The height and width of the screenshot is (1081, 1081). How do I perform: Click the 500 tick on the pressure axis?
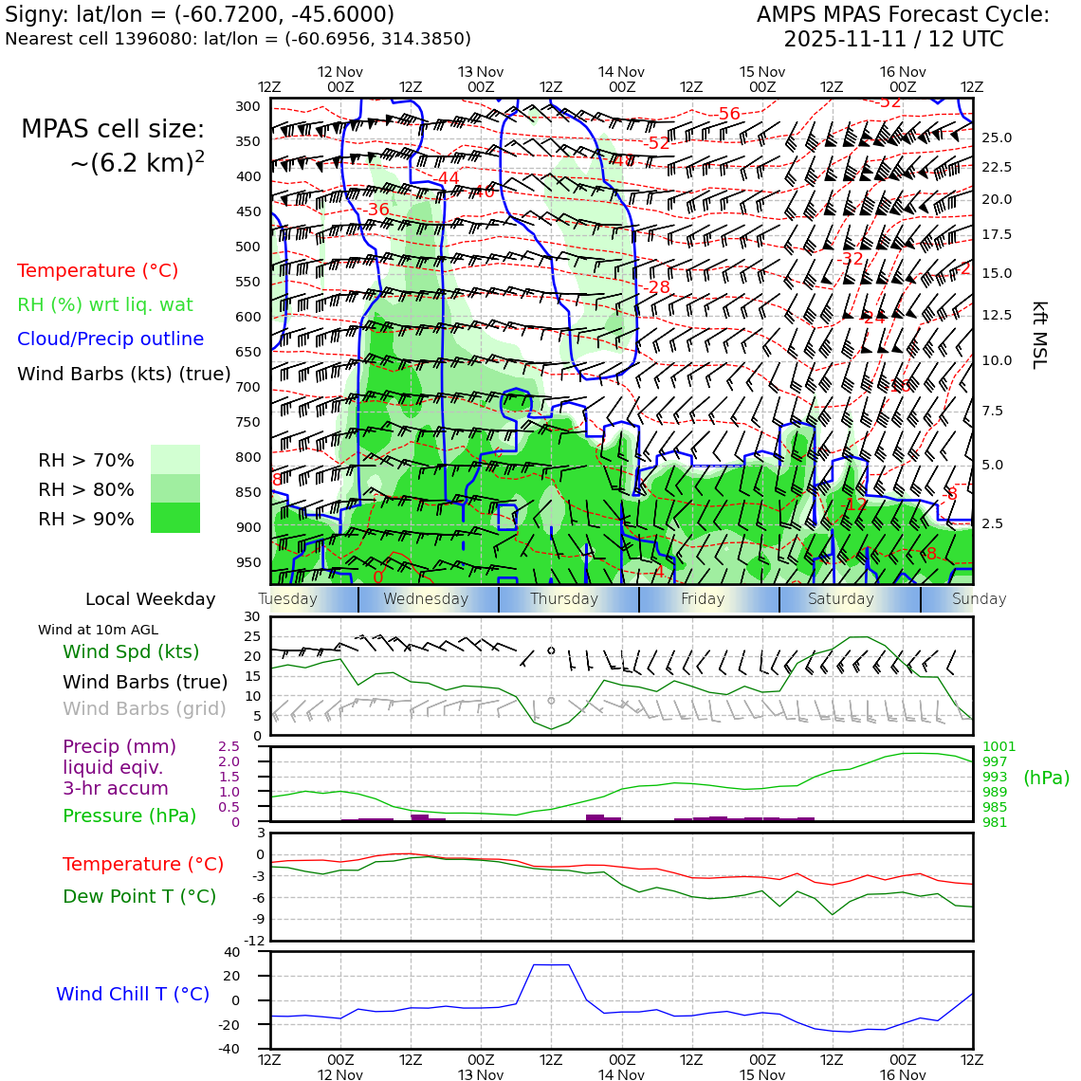click(248, 247)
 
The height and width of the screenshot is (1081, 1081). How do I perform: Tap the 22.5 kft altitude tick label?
click(996, 168)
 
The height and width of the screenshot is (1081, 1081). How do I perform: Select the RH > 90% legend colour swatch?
click(175, 518)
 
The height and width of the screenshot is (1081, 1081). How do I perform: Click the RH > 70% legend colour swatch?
click(175, 460)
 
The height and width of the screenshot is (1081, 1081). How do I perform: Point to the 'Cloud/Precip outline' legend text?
click(110, 339)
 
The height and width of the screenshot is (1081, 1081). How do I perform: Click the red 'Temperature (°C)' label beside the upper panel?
click(98, 270)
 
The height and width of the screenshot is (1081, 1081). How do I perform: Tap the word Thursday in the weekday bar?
click(564, 599)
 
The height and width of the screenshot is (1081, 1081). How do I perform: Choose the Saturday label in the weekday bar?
click(840, 599)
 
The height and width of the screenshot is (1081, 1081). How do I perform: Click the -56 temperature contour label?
click(728, 114)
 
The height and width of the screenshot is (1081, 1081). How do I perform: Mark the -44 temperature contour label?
click(447, 178)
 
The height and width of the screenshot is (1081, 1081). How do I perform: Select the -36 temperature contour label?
click(376, 210)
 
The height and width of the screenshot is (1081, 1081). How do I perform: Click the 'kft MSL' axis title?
click(1039, 335)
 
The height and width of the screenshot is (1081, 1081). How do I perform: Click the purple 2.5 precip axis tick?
click(229, 747)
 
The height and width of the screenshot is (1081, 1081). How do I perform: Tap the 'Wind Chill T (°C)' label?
click(133, 994)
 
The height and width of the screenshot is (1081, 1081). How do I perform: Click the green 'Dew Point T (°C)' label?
click(139, 896)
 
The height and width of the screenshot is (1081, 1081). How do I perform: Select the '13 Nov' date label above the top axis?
click(481, 72)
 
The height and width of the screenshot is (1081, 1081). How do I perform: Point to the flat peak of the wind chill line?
click(551, 964)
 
